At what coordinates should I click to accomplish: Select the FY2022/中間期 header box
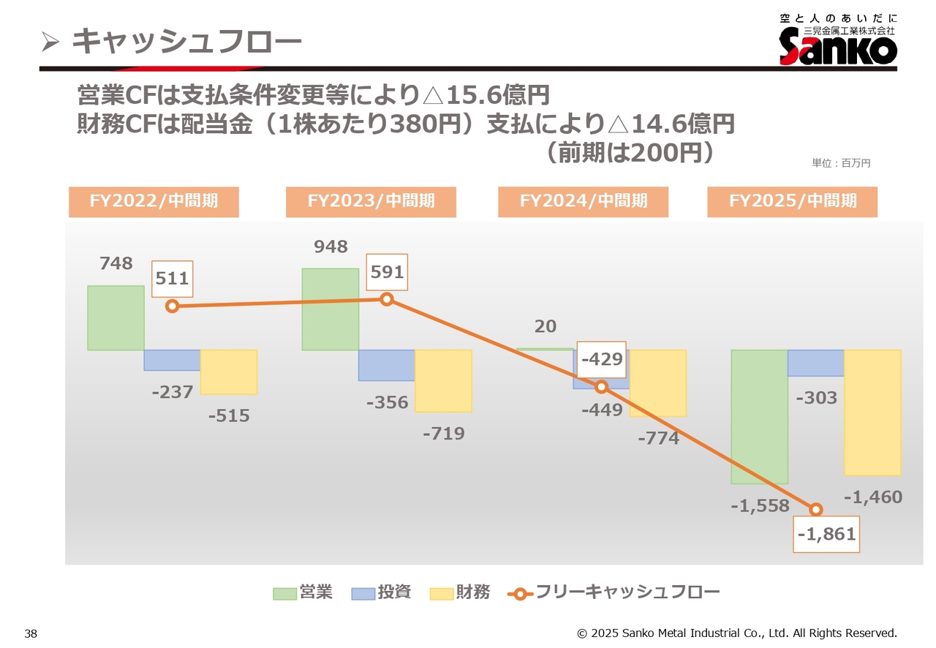[x=154, y=201]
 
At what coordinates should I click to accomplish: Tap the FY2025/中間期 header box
[x=792, y=201]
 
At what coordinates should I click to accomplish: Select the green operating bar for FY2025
[x=759, y=416]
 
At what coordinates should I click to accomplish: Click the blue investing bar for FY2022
[x=172, y=360]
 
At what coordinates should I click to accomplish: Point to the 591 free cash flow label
[x=387, y=273]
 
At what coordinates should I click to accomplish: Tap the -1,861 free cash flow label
[x=826, y=535]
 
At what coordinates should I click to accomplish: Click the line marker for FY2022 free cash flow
[x=173, y=306]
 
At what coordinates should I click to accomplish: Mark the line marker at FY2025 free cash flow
[x=816, y=510]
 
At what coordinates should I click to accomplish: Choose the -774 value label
[x=658, y=439]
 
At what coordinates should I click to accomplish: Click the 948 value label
[x=331, y=246]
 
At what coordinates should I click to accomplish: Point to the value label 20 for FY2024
[x=545, y=327]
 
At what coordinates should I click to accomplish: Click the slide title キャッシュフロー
[x=186, y=42]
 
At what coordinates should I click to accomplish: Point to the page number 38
[x=31, y=633]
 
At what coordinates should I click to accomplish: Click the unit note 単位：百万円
[x=841, y=163]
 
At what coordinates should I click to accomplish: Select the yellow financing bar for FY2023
[x=443, y=380]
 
